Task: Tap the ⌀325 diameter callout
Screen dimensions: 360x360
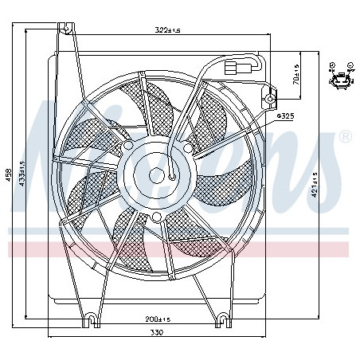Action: point(285,117)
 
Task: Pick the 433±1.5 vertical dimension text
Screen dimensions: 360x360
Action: point(23,182)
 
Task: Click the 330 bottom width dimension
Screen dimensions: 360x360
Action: point(155,332)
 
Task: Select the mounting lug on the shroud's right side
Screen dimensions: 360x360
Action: point(271,100)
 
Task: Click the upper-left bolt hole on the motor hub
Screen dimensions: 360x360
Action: point(130,147)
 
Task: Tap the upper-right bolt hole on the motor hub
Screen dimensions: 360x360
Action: point(187,147)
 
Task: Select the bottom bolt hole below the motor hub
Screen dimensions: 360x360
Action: point(157,217)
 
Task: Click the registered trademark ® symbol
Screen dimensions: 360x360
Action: point(344,136)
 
